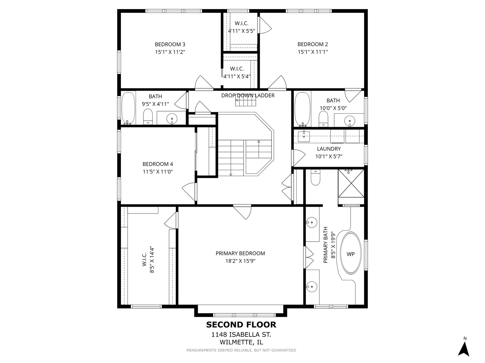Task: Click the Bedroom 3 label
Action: tap(170, 44)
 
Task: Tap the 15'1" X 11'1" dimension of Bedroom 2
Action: tap(313, 52)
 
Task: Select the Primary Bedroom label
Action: tap(240, 253)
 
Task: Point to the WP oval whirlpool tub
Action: tap(350, 253)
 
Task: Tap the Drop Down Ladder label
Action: tap(248, 95)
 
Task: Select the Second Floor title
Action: tap(241, 325)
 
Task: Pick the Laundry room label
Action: tap(329, 149)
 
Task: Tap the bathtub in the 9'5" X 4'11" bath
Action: tap(128, 108)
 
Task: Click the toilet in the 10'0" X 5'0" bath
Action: tap(323, 119)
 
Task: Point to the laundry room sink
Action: tap(304, 136)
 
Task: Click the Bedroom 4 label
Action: tap(158, 164)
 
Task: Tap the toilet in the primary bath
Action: tap(315, 177)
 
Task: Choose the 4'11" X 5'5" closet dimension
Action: tap(241, 31)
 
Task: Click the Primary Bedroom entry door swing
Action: tap(242, 212)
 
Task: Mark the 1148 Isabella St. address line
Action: tap(241, 334)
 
